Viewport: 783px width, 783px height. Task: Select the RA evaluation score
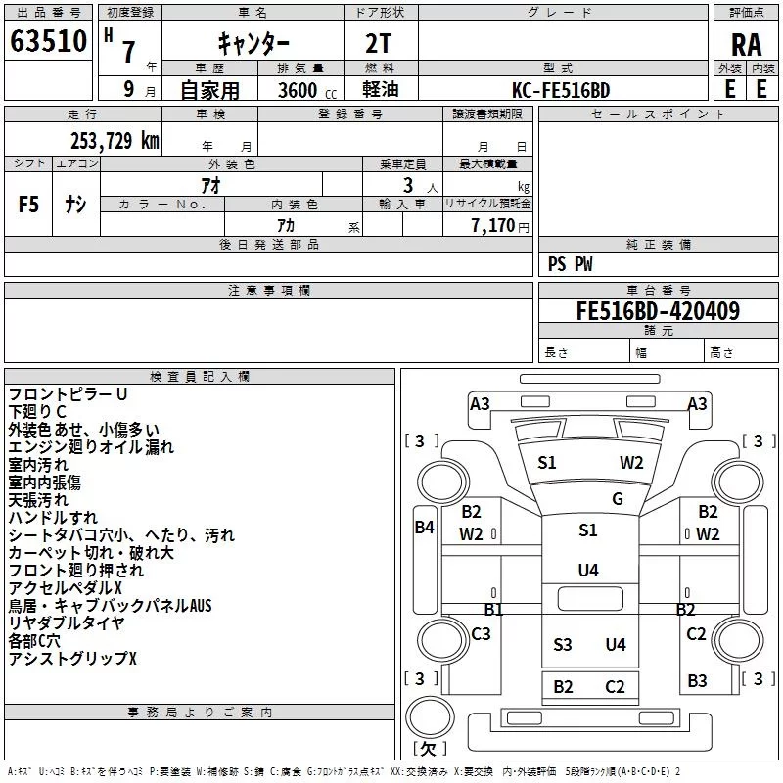point(746,45)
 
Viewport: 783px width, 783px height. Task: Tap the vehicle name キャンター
point(253,43)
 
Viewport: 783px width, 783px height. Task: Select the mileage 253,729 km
point(115,140)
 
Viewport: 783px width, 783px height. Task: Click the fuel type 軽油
point(380,90)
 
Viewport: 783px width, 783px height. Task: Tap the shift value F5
point(29,205)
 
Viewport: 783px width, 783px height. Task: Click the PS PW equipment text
point(570,264)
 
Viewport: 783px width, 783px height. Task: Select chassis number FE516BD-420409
point(658,311)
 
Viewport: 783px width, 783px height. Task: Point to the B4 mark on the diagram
point(424,528)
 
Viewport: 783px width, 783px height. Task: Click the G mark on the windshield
point(618,499)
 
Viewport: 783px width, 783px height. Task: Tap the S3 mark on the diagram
point(562,644)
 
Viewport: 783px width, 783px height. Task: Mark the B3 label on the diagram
point(697,680)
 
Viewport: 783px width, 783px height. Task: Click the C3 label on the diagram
point(481,634)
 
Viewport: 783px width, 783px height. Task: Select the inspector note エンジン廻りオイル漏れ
point(91,447)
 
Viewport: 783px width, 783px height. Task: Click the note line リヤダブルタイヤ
point(67,623)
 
